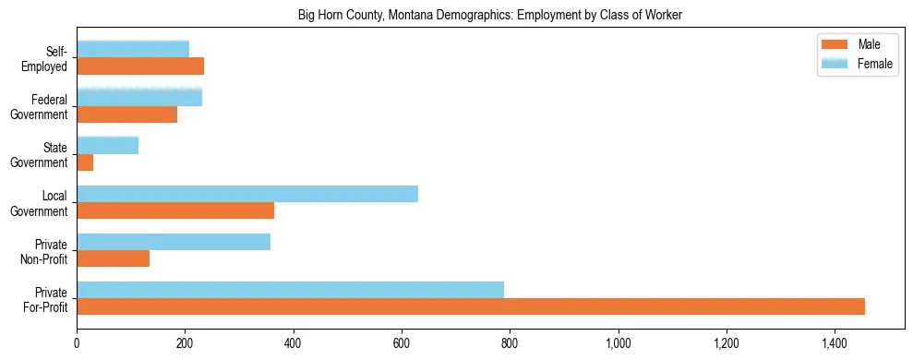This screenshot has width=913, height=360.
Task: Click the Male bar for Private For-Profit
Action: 471,306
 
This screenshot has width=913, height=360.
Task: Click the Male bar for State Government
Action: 85,162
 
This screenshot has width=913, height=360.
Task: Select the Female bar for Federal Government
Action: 139,97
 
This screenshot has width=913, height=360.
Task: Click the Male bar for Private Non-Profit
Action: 113,258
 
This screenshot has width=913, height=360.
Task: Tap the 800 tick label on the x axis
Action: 510,344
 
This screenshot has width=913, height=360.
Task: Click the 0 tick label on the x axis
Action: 77,344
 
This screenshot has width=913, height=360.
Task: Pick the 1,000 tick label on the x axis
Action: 618,344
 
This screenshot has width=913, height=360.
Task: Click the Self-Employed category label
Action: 50,58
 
